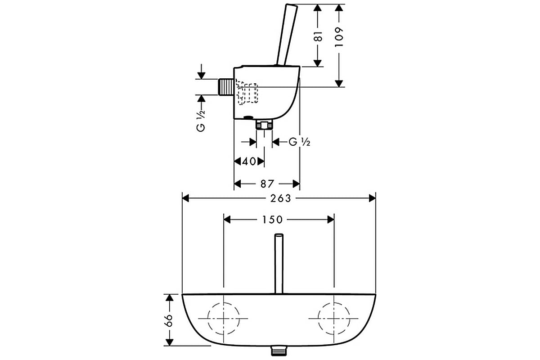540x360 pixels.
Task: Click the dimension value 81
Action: click(319, 36)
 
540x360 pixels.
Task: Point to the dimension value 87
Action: click(267, 184)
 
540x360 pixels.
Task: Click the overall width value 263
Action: click(281, 199)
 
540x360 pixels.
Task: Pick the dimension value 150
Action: click(272, 220)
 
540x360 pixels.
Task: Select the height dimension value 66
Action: click(170, 320)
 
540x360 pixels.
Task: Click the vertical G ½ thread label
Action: click(201, 121)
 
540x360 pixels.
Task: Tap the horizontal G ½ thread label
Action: click(299, 142)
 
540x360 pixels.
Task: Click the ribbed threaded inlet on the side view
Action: click(226, 87)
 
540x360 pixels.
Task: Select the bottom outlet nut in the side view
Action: click(264, 126)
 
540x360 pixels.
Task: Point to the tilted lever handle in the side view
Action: click(287, 35)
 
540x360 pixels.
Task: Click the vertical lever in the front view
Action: click(279, 264)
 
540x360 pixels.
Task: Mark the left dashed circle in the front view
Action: click(208, 319)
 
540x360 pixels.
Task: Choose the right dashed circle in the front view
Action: click(318, 319)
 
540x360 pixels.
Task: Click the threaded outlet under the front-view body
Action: click(279, 351)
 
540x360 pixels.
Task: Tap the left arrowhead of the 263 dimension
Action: click(185, 199)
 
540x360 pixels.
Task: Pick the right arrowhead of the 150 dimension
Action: click(331, 220)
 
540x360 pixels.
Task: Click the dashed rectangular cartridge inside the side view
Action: click(247, 93)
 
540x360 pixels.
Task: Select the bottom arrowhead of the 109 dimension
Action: click(339, 83)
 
